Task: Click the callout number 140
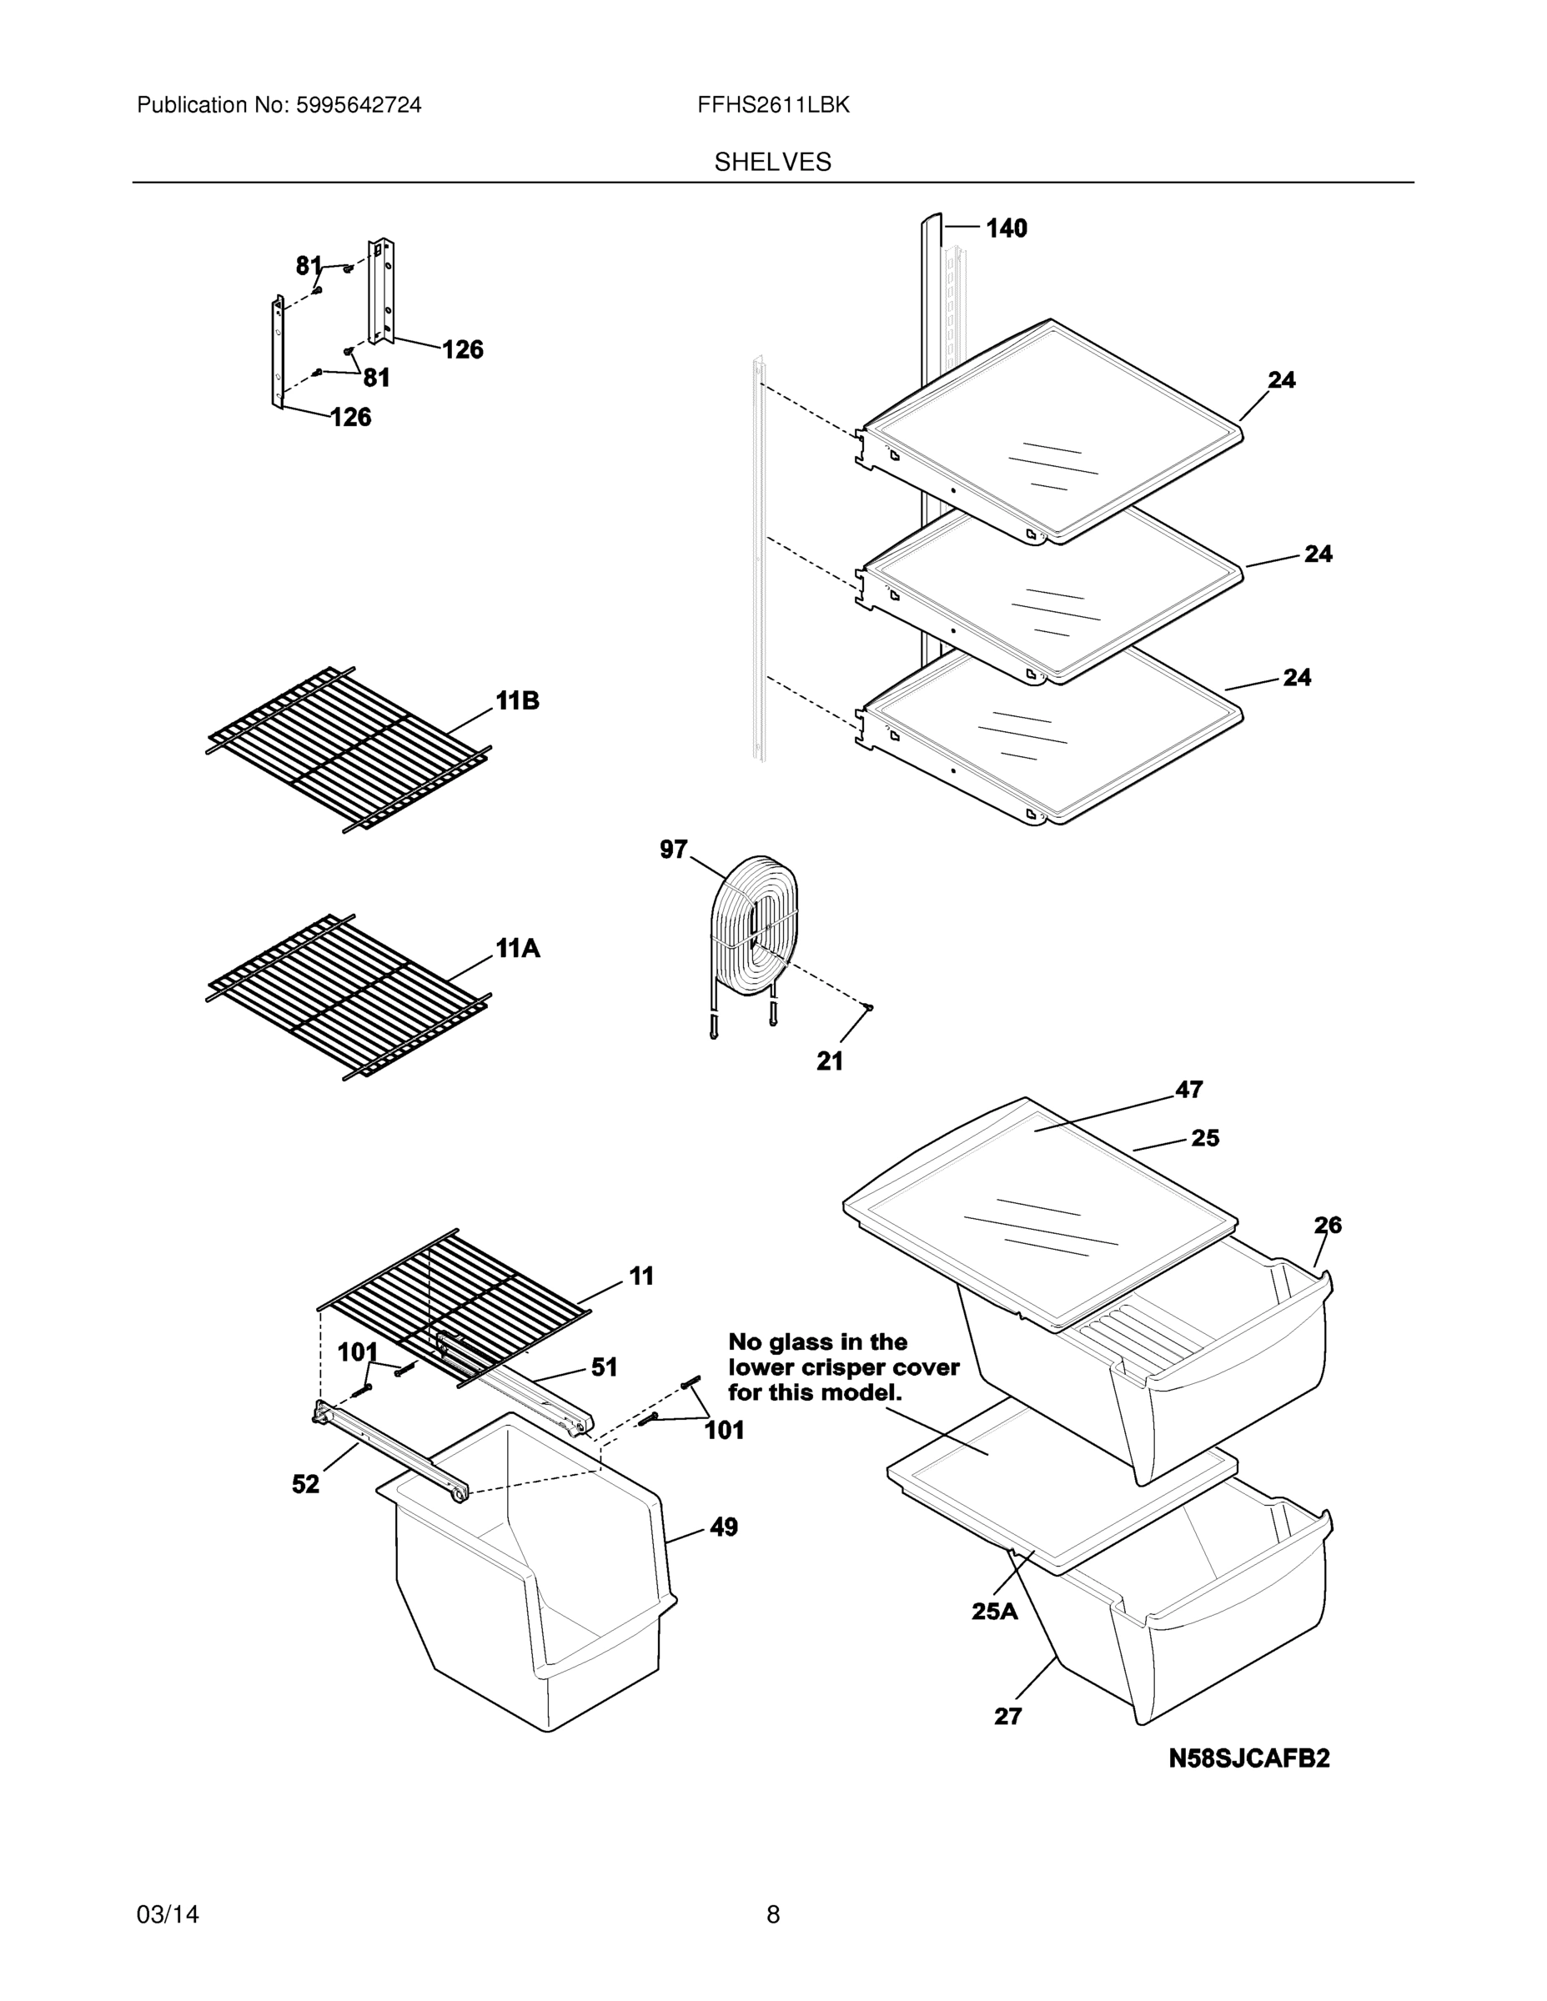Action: coord(1007,228)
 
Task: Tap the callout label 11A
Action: coord(518,949)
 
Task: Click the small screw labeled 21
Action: coord(869,1007)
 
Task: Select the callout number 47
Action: coord(1188,1090)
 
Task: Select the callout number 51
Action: coord(604,1368)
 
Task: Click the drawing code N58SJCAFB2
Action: coord(1248,1758)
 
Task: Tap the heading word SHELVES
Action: coord(772,163)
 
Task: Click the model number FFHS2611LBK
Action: coord(772,105)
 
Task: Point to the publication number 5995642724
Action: coord(359,105)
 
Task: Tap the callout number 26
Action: coord(1327,1225)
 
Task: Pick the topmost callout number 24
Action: coord(1281,380)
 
